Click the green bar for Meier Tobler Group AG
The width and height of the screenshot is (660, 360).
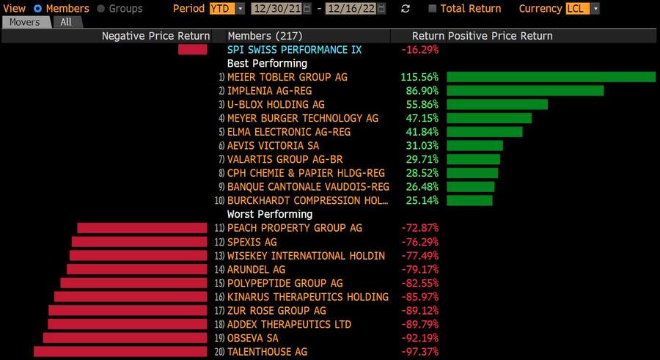[x=551, y=77]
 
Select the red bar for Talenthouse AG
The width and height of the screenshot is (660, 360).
[x=121, y=352]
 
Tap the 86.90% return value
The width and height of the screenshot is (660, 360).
[x=422, y=91]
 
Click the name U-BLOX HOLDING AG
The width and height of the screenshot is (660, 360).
[x=276, y=105]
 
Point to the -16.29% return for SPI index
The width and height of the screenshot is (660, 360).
[x=420, y=50]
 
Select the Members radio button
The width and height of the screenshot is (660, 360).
[x=38, y=9]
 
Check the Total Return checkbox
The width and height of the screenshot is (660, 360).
[x=433, y=9]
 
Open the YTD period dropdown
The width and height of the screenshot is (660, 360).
[x=228, y=9]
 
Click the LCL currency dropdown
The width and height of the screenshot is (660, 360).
[x=583, y=9]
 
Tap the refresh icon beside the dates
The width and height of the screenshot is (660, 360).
[x=406, y=9]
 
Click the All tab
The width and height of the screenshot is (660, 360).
[x=66, y=22]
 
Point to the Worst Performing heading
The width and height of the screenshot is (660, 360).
[x=270, y=214]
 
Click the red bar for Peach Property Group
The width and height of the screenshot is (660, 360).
[x=142, y=228]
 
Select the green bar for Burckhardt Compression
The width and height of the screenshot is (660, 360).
[x=469, y=201]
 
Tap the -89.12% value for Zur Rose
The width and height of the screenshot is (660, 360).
[x=419, y=311]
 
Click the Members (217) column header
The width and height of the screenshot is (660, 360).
[x=263, y=36]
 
